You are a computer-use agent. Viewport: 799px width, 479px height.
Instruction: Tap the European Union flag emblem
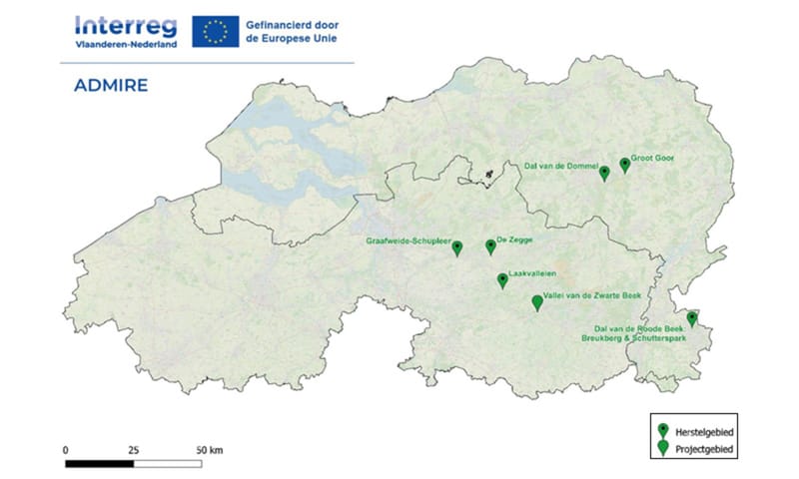pyautogui.click(x=215, y=31)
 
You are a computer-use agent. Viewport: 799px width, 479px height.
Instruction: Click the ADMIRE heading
pyautogui.click(x=111, y=85)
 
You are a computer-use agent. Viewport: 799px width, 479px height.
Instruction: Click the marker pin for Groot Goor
pyautogui.click(x=625, y=164)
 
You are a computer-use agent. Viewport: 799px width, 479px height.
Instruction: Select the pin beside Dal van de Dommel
pyautogui.click(x=603, y=173)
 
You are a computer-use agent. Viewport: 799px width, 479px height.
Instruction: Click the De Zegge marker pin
pyautogui.click(x=490, y=245)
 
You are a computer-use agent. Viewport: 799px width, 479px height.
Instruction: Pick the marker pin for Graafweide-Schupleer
pyautogui.click(x=457, y=247)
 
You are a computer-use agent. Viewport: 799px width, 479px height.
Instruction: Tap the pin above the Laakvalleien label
pyautogui.click(x=502, y=280)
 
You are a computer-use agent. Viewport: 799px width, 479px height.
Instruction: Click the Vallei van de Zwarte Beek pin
pyautogui.click(x=537, y=301)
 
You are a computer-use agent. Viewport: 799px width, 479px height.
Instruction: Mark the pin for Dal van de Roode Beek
pyautogui.click(x=692, y=318)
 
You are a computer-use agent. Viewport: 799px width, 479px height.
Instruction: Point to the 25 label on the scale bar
pyautogui.click(x=134, y=450)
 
